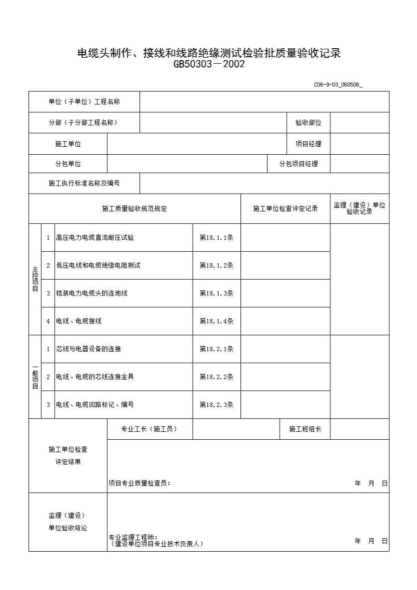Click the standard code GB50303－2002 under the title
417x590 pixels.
click(x=209, y=64)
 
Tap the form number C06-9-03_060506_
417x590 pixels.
click(x=338, y=85)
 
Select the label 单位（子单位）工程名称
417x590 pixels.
click(x=84, y=102)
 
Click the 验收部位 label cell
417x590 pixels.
click(x=308, y=123)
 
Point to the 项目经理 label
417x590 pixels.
click(x=308, y=144)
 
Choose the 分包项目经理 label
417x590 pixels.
click(x=298, y=164)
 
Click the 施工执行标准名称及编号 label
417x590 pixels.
click(x=84, y=184)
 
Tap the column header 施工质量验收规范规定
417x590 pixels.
click(x=134, y=209)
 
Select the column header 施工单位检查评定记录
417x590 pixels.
click(x=285, y=209)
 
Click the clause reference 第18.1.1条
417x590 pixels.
click(x=216, y=238)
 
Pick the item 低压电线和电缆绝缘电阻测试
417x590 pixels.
click(x=98, y=266)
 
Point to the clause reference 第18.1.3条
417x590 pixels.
click(x=216, y=294)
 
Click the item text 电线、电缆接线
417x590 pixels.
click(x=79, y=321)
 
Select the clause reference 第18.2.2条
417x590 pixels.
click(x=216, y=377)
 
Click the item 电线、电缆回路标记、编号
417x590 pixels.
click(x=95, y=405)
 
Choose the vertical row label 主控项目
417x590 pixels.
click(x=35, y=279)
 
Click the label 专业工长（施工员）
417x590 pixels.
click(x=149, y=429)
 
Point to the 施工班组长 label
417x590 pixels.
click(x=305, y=429)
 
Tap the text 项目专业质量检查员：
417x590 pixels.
click(x=139, y=483)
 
